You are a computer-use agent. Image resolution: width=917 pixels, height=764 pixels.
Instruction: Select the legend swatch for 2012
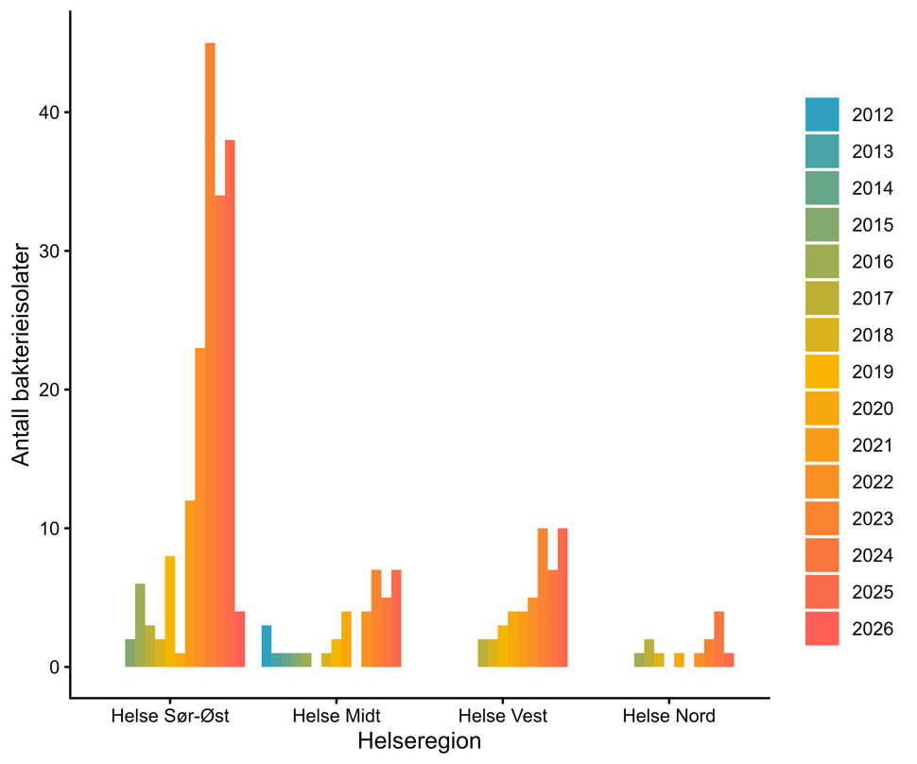[822, 114]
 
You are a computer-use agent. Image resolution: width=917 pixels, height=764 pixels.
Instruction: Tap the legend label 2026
[872, 629]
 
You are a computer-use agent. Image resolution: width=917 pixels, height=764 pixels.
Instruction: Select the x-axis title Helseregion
[419, 741]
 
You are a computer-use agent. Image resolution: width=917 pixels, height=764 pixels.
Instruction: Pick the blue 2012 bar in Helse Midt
[267, 646]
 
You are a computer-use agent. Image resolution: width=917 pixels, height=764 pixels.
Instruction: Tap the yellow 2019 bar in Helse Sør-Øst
[170, 611]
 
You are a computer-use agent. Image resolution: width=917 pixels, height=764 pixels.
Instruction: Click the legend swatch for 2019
[822, 372]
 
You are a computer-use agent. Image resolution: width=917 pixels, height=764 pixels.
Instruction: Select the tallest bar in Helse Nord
[718, 639]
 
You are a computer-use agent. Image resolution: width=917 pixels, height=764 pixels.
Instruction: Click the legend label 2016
[872, 262]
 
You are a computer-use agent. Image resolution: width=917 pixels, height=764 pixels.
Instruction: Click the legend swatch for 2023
[822, 518]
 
